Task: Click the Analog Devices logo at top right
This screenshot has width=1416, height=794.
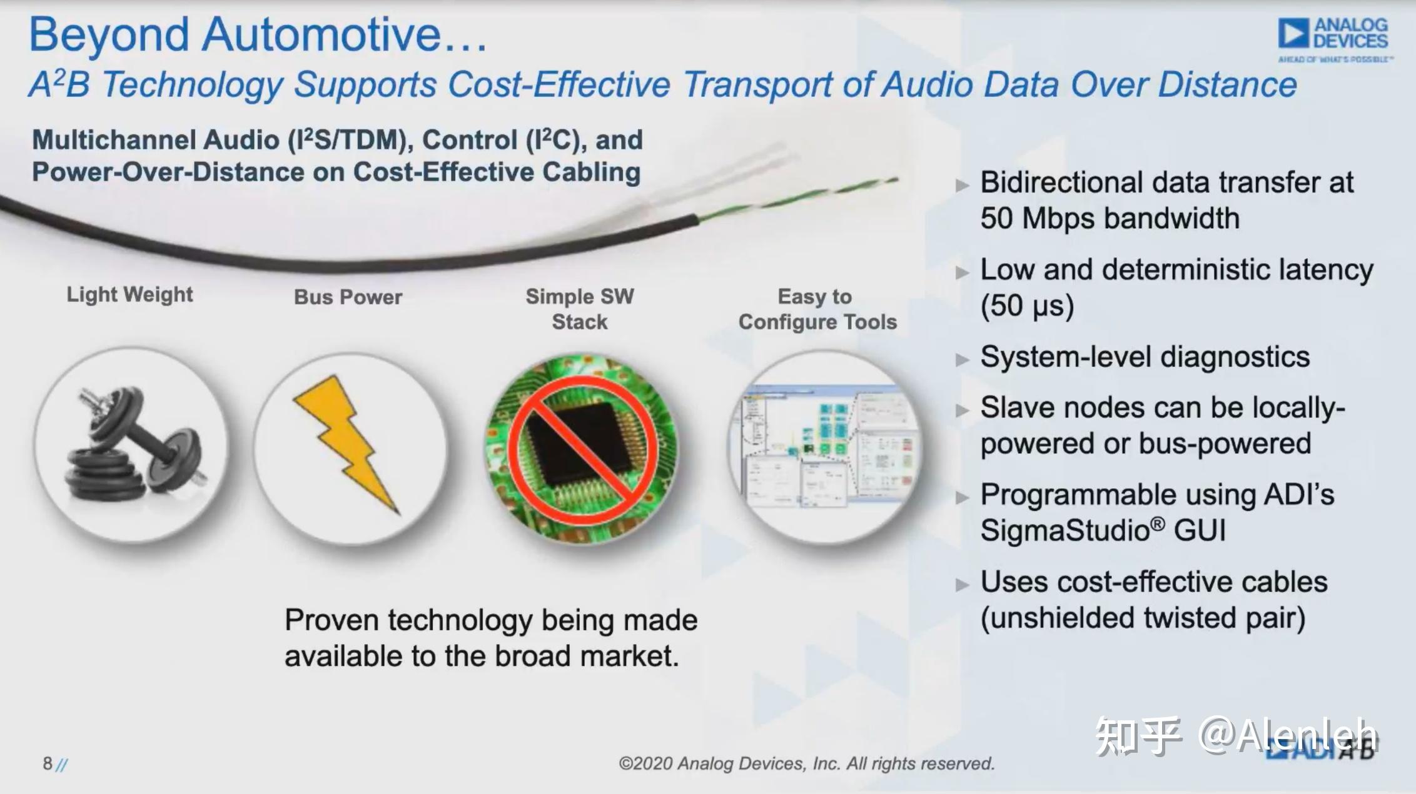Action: coord(1333,39)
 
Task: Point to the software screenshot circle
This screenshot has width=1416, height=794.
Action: coord(826,448)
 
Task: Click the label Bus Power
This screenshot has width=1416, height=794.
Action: coord(348,297)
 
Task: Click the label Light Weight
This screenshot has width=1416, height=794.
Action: coord(129,294)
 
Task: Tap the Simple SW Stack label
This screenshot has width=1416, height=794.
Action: coord(580,309)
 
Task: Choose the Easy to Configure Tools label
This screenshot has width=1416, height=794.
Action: coord(817,309)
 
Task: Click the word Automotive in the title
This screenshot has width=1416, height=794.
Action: coord(321,34)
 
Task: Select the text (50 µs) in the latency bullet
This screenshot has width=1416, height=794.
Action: coord(1026,306)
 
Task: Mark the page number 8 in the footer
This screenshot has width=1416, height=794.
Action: coord(48,763)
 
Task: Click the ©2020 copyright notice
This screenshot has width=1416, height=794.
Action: coord(806,763)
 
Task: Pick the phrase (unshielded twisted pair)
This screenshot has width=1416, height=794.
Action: coord(1142,618)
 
